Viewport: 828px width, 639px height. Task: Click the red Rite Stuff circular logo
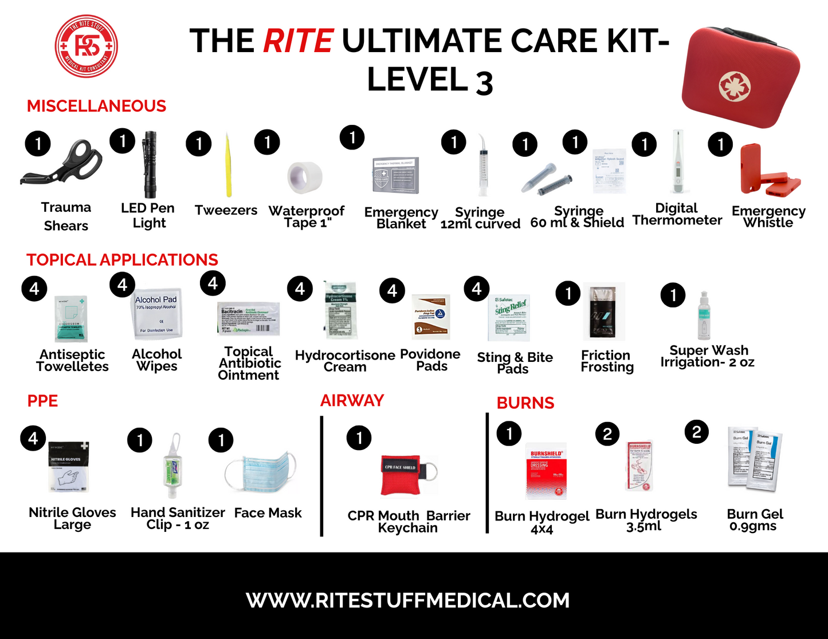point(87,46)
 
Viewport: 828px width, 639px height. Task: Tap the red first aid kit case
point(740,77)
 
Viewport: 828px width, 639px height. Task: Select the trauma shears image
point(62,165)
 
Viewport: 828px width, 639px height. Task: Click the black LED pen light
point(150,164)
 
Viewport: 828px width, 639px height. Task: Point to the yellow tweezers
point(228,166)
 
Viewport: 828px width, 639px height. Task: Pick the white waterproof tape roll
point(305,178)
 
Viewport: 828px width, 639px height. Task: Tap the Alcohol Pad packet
point(156,314)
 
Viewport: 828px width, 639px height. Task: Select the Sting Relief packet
point(512,317)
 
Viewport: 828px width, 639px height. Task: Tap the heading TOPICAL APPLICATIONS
point(122,260)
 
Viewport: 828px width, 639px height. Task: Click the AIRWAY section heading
point(352,401)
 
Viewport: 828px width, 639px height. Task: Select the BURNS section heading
point(525,403)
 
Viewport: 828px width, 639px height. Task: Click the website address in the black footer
point(408,600)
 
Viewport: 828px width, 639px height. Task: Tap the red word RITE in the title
point(298,41)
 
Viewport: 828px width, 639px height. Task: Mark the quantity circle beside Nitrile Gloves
point(33,439)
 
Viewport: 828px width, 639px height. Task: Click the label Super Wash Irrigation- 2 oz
point(708,356)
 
